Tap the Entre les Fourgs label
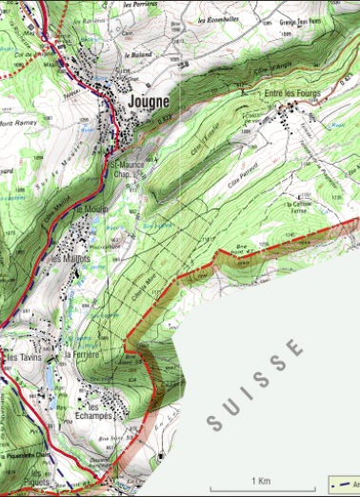click(290, 92)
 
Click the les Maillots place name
click(71, 258)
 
